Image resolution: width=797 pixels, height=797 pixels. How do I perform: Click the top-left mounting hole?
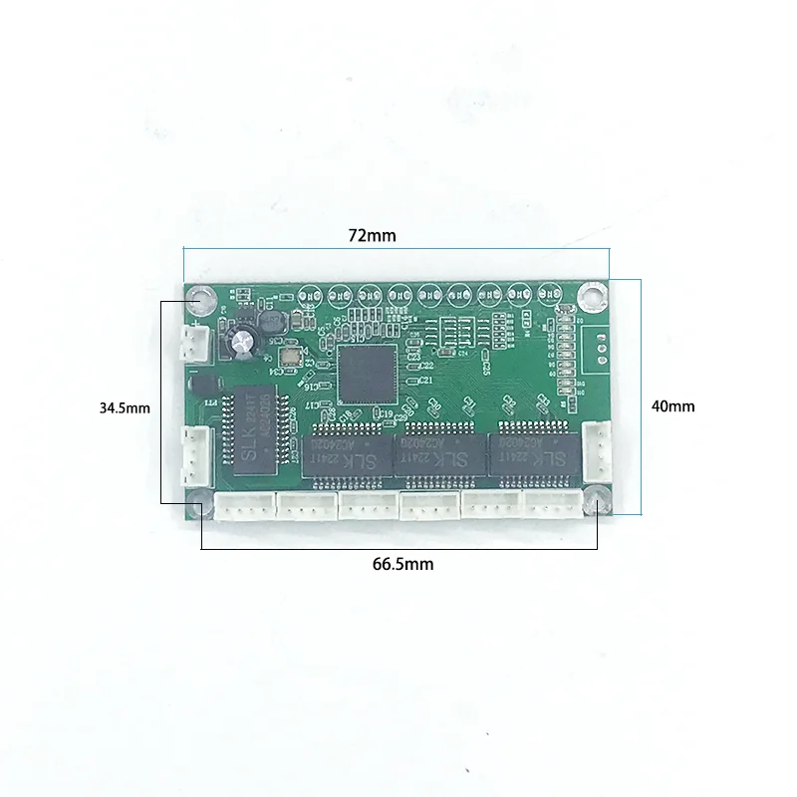point(203,297)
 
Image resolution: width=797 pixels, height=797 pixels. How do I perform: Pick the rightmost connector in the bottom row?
point(554,506)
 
